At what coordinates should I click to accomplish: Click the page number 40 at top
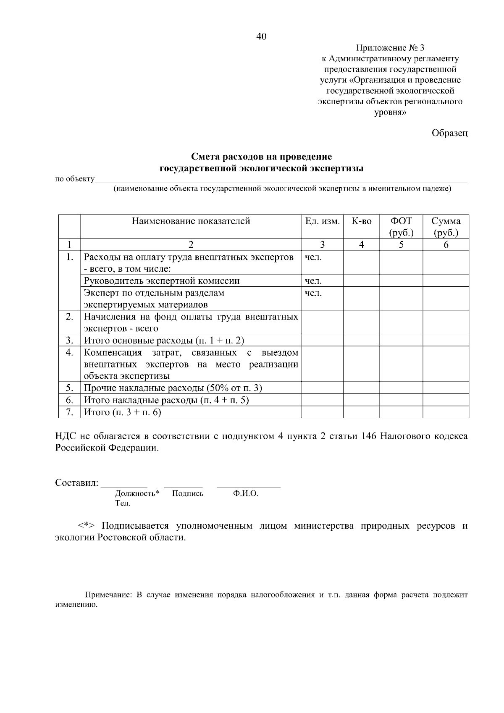261,37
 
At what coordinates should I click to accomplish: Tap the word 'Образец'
449,133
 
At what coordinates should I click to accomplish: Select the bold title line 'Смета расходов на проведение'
261,157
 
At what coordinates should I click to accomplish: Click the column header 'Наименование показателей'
191,221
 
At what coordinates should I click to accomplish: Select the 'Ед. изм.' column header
322,221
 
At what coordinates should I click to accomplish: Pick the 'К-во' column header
361,221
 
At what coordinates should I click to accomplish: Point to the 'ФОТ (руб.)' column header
401,227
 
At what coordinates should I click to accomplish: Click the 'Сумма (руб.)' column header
446,227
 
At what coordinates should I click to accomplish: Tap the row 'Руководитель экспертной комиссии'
162,281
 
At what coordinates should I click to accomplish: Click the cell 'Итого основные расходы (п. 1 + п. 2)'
164,341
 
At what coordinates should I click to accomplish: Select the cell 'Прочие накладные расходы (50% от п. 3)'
173,388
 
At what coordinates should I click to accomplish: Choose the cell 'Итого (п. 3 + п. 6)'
123,412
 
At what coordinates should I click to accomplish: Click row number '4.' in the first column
69,352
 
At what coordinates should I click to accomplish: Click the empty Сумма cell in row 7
446,412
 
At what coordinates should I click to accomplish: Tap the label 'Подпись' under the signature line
187,494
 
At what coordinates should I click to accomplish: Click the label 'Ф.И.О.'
245,494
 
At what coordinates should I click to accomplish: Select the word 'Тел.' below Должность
122,503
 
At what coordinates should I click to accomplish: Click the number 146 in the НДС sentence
368,436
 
